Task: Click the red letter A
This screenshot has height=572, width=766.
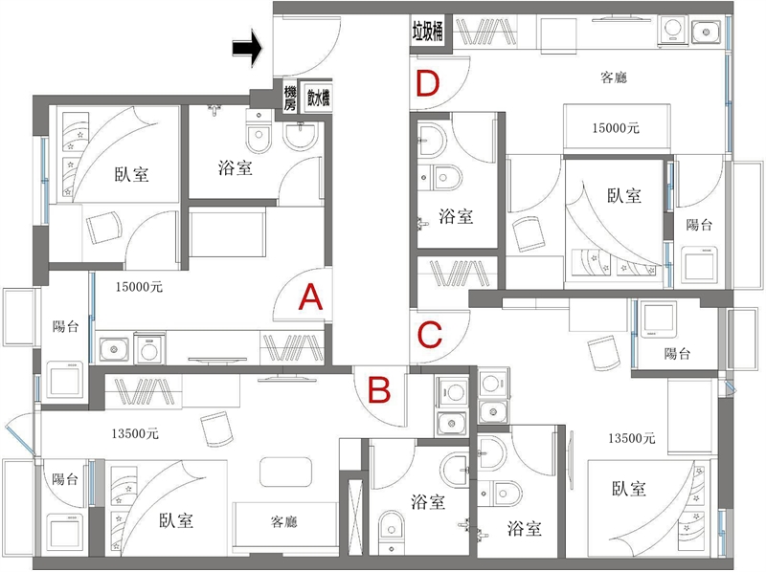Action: click(310, 297)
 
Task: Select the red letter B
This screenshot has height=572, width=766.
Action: click(379, 390)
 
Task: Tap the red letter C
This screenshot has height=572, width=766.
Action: click(430, 335)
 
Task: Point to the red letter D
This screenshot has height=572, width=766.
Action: click(428, 83)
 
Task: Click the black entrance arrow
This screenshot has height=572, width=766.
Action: click(247, 48)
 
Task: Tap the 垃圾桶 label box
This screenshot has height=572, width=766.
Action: click(427, 33)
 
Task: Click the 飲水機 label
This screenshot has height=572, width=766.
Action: click(318, 98)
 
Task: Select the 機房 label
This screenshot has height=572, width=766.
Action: click(290, 98)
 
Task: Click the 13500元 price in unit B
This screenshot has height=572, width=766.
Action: click(135, 433)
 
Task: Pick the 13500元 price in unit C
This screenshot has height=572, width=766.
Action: click(632, 438)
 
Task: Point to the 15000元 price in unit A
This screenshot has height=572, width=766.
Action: click(139, 287)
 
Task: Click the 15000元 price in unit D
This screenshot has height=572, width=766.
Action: click(616, 128)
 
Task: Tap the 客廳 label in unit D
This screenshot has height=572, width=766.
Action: click(614, 77)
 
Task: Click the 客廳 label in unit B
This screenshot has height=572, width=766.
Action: click(283, 521)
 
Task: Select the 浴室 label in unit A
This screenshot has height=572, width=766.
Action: click(235, 168)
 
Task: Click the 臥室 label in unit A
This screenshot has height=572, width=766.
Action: click(131, 174)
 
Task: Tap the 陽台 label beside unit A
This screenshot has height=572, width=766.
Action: click(65, 325)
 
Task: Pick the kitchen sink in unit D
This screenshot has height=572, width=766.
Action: click(706, 33)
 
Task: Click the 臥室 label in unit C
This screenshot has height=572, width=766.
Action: click(629, 488)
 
